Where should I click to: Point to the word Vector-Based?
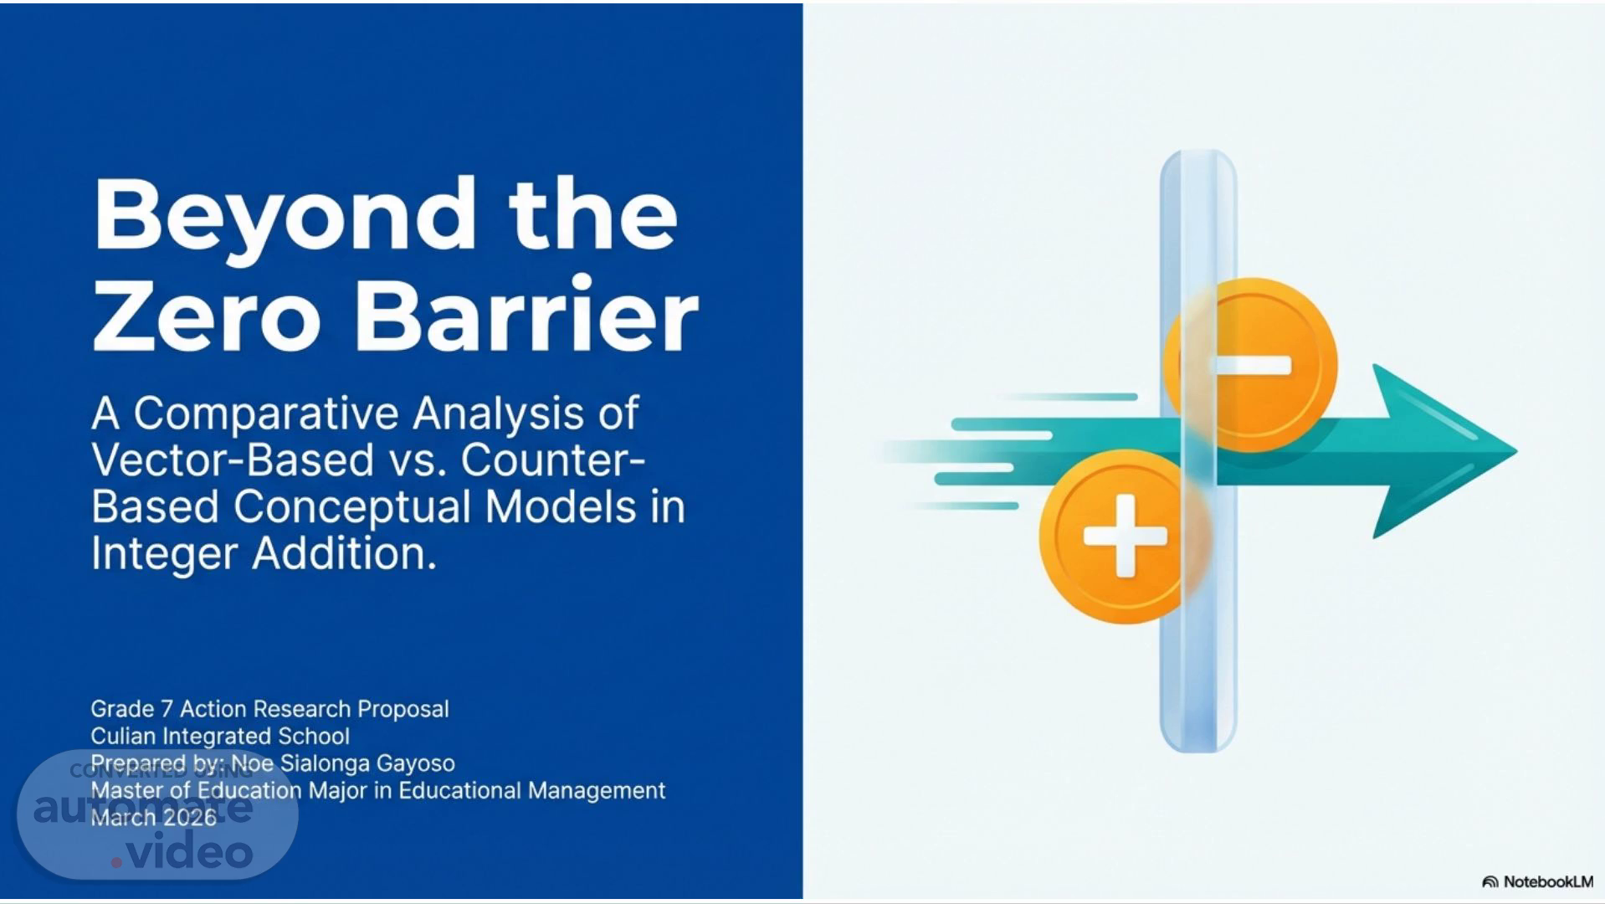(x=232, y=460)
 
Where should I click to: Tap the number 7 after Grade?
(x=167, y=709)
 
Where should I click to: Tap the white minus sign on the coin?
(x=1252, y=365)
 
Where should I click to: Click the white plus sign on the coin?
(x=1125, y=536)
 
